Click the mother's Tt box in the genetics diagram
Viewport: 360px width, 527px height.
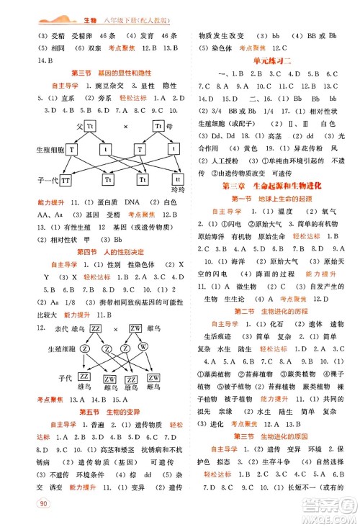(x=160, y=127)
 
